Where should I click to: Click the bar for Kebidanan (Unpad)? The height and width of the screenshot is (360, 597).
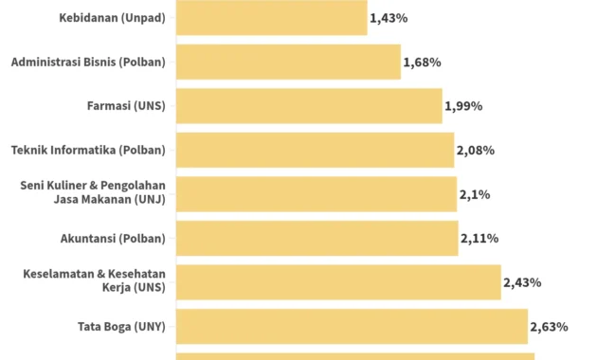(271, 17)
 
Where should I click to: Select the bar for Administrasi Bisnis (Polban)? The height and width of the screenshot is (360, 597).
(288, 62)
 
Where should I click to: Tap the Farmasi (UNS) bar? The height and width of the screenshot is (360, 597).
(309, 105)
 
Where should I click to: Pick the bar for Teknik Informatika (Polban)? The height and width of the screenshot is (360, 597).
(315, 150)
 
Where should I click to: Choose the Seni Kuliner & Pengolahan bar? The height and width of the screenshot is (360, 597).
(316, 193)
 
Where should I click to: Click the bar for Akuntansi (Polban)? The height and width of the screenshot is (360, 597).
(317, 238)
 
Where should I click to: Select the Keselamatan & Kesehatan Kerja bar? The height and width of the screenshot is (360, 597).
(338, 281)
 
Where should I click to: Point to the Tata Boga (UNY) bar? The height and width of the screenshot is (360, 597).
(352, 326)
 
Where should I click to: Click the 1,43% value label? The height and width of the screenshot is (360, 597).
(389, 18)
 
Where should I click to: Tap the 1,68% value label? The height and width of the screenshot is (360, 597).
(422, 63)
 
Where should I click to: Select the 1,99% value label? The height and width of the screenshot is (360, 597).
(463, 106)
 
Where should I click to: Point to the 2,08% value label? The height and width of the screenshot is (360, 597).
(475, 151)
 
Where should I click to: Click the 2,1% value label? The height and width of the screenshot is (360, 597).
(474, 194)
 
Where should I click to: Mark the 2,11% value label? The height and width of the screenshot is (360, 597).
(479, 239)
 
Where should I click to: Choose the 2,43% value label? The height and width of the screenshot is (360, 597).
(522, 282)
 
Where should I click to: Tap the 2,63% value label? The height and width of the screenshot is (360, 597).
(549, 327)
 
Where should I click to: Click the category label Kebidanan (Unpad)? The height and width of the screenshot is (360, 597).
(112, 18)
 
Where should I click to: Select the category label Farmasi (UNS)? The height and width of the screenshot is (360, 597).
(126, 106)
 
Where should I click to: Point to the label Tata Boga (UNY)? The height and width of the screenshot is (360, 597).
(121, 327)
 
